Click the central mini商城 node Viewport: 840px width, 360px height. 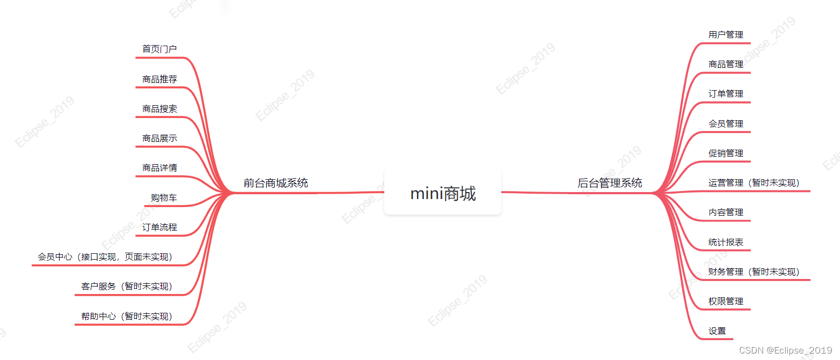pos(443,193)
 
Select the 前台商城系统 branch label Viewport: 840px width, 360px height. pos(276,183)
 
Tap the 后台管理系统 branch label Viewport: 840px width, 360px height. pos(610,183)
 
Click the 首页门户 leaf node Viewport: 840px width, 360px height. pos(159,49)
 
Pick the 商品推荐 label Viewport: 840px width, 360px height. pos(159,79)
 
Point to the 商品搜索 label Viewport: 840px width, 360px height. pos(159,109)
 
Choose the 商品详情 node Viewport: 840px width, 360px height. pos(159,168)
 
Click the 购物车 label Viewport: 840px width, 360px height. pos(164,198)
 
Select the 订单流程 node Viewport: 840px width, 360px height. pos(159,227)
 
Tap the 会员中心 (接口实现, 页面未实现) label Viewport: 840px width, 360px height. pos(105,257)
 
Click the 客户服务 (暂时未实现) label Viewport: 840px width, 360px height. pos(127,286)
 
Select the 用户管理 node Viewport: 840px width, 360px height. pos(726,35)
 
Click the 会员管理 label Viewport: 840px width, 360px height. pos(726,124)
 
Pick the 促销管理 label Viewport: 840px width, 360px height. pos(726,153)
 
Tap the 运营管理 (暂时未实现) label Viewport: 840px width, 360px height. pos(754,183)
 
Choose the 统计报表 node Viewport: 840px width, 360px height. pos(726,243)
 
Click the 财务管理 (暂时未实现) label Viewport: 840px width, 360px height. pos(754,272)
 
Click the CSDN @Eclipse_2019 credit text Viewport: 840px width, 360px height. pos(785,350)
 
